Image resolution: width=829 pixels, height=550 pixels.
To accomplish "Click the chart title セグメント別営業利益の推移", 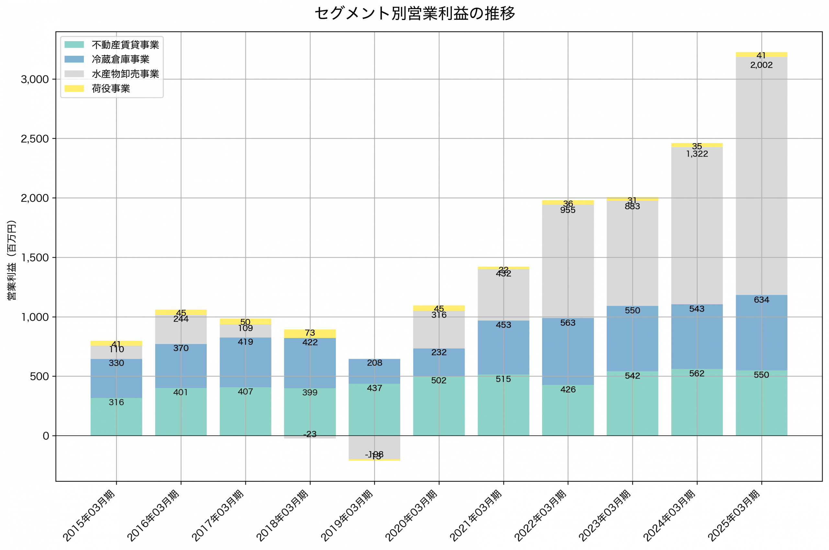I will click(414, 14).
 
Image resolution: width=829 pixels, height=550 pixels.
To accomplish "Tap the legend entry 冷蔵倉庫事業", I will click(120, 59).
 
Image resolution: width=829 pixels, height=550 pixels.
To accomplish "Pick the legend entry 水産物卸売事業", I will click(125, 74).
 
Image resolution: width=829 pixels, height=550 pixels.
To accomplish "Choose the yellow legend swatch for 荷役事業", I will click(74, 88).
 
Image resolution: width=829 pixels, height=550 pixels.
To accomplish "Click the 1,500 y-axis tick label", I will click(35, 258).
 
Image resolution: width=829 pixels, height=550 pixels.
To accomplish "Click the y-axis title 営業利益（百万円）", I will click(12, 260).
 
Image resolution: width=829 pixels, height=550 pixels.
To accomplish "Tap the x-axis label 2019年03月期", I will click(347, 516).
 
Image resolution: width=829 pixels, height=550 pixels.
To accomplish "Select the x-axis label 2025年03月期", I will click(734, 516).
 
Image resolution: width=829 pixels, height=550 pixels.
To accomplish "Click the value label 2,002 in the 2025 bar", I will click(761, 65).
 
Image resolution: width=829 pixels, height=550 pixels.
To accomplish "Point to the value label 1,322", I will click(697, 154).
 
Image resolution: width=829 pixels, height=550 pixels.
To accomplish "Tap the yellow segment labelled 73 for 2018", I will click(310, 333).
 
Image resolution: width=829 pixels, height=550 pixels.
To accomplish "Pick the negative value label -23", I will click(310, 434).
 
